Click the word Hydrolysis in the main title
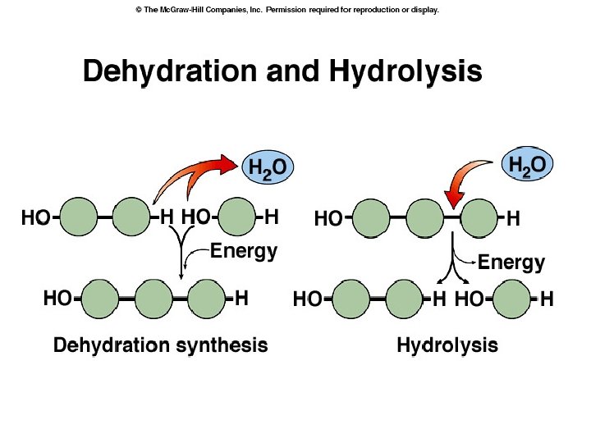tap(405, 71)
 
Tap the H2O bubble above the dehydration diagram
tap(268, 168)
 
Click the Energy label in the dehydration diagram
tap(244, 251)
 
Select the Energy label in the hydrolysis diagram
tap(511, 263)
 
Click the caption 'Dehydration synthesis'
tap(160, 345)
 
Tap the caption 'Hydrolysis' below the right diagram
tap(447, 345)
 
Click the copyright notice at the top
tap(287, 10)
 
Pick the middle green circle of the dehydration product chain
tap(153, 299)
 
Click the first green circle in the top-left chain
tap(79, 218)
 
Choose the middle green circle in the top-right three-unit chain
tap(424, 219)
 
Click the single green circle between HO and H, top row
tap(237, 217)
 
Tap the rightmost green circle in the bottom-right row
tap(511, 299)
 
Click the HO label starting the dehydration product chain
tap(57, 299)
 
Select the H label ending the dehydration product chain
tap(241, 299)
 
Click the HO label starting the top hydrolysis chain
tap(328, 219)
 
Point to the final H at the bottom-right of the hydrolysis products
tap(547, 300)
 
